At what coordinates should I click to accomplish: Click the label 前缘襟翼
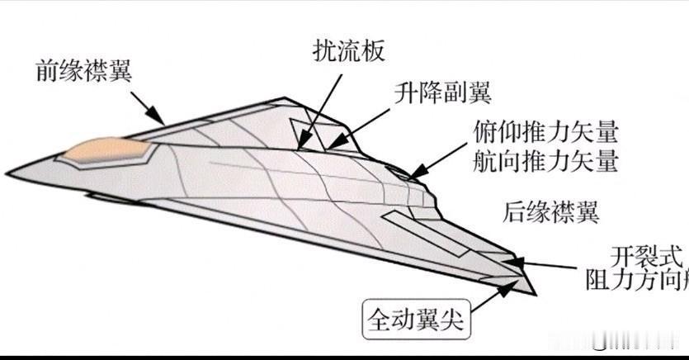[x=85, y=70]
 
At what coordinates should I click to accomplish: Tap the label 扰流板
[x=349, y=51]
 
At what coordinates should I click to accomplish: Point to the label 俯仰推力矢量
[x=545, y=132]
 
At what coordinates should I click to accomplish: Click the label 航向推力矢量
[x=545, y=161]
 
